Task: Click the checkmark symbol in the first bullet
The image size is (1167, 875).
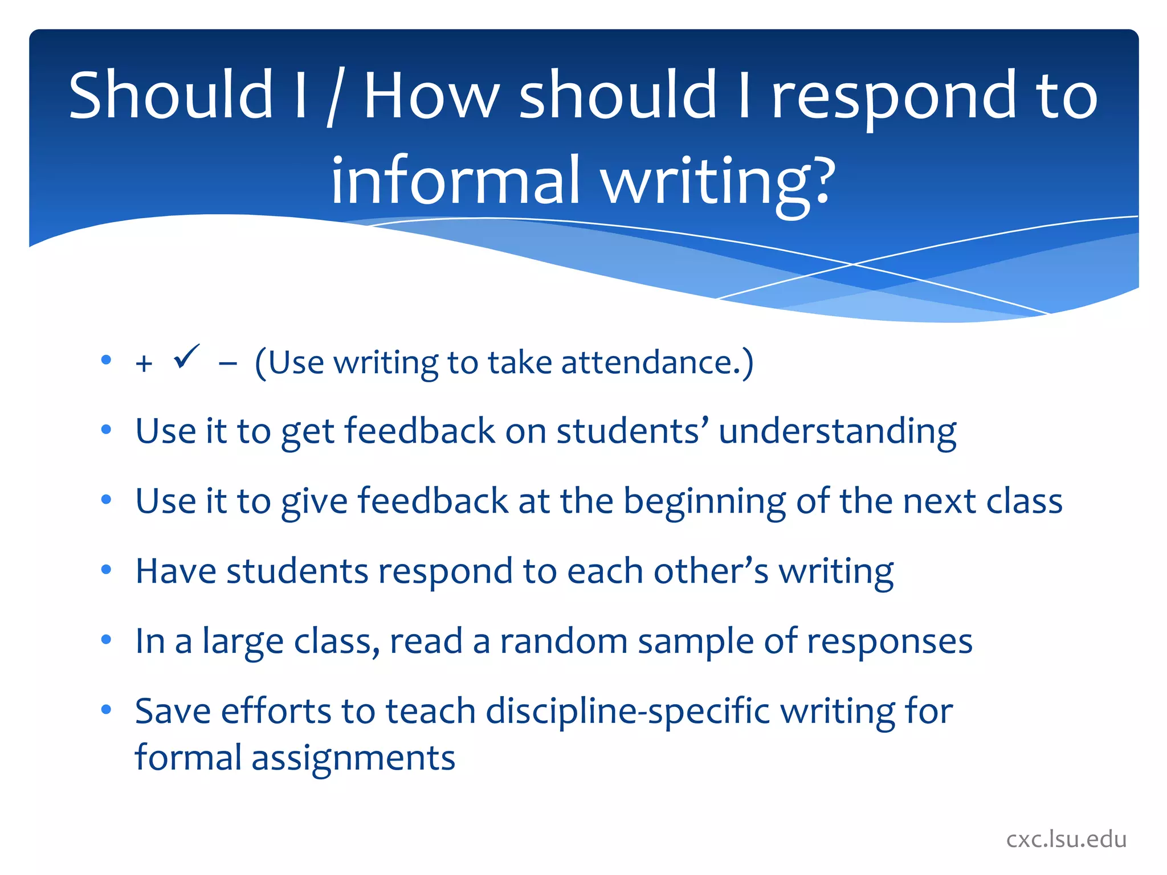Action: (186, 357)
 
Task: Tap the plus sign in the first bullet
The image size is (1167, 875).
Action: (144, 363)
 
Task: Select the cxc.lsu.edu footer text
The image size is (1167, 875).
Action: (1066, 839)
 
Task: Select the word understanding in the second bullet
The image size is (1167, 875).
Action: (837, 431)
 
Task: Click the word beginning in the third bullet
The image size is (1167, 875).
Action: (704, 502)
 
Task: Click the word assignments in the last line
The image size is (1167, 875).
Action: (353, 758)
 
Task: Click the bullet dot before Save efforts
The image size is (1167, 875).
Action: (106, 709)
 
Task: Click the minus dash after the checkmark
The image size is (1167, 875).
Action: (227, 363)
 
